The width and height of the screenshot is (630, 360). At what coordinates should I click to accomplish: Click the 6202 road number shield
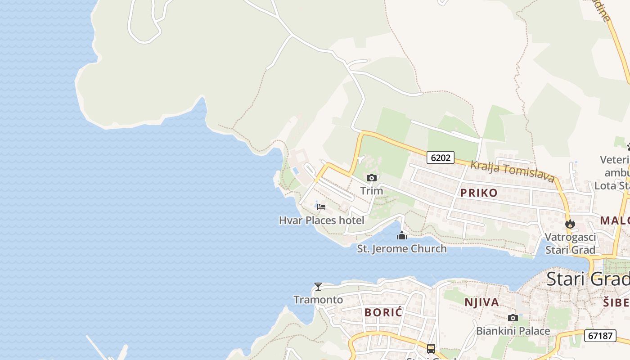coord(441,157)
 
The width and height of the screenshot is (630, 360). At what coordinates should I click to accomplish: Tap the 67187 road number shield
coord(600,335)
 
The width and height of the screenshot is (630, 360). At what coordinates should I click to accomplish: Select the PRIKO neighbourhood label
coord(479,193)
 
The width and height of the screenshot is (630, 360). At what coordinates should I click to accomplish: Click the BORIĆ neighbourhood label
coord(383,312)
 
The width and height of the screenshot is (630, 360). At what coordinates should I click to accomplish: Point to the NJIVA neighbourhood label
coord(481,302)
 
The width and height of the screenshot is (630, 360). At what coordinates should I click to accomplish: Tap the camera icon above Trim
coord(372,178)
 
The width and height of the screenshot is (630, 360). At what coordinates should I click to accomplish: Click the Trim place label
coord(372,191)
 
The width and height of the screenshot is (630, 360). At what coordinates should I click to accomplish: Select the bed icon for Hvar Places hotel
coord(321,207)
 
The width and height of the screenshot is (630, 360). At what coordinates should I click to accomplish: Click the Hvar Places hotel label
coord(321,220)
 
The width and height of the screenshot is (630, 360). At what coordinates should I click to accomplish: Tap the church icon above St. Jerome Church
coord(402,235)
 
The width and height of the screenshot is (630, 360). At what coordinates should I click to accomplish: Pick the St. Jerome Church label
coord(402,248)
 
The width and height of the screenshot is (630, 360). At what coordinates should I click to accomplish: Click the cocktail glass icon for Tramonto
coord(318,287)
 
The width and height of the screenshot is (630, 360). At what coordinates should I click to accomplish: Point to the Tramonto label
coord(318,300)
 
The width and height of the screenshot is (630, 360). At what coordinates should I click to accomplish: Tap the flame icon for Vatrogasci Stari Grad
coord(570,224)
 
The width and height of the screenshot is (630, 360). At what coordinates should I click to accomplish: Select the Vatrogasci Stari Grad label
coord(570,243)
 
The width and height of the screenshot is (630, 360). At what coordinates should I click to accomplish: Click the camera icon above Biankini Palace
coord(513,318)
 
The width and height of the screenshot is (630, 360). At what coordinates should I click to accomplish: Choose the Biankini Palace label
coord(513,331)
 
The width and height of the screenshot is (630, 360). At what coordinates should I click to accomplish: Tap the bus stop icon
coord(431,348)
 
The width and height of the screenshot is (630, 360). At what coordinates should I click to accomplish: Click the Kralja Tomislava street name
coord(512,171)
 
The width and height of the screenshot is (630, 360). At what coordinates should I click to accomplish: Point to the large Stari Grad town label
coord(588,279)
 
